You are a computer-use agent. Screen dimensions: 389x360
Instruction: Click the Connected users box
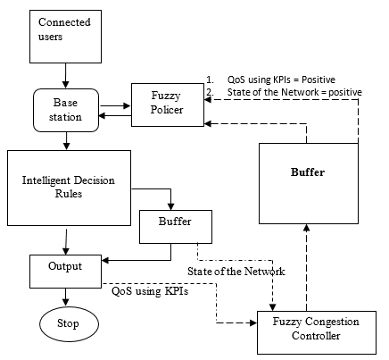tap(65, 37)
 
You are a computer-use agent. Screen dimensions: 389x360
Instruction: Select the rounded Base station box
tap(66, 110)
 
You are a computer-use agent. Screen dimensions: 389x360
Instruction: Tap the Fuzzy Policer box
tap(168, 105)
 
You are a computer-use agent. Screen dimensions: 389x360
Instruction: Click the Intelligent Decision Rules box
tap(69, 188)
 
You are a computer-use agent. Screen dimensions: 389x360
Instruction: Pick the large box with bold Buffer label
tap(309, 183)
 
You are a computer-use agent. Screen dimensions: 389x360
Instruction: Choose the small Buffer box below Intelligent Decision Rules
tap(176, 227)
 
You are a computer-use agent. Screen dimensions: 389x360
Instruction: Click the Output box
tap(65, 272)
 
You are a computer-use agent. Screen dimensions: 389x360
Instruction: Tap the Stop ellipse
tap(69, 324)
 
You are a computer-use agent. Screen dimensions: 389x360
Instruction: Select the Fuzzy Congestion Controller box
tap(317, 332)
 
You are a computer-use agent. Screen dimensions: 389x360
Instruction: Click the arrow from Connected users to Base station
tap(65, 76)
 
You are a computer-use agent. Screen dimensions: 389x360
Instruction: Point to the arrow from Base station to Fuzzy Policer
tap(115, 105)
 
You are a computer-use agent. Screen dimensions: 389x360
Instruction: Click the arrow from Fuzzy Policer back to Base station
tap(115, 115)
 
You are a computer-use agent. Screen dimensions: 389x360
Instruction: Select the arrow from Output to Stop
tap(65, 297)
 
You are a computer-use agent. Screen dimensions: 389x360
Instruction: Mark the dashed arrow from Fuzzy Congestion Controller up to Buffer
tap(307, 268)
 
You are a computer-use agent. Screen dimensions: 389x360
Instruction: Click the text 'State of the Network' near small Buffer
tap(236, 272)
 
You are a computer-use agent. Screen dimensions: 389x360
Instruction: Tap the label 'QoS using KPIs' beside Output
tap(150, 291)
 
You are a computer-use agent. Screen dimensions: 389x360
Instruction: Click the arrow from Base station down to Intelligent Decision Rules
tap(67, 141)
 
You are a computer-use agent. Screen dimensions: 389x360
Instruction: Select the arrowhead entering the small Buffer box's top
tap(170, 206)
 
